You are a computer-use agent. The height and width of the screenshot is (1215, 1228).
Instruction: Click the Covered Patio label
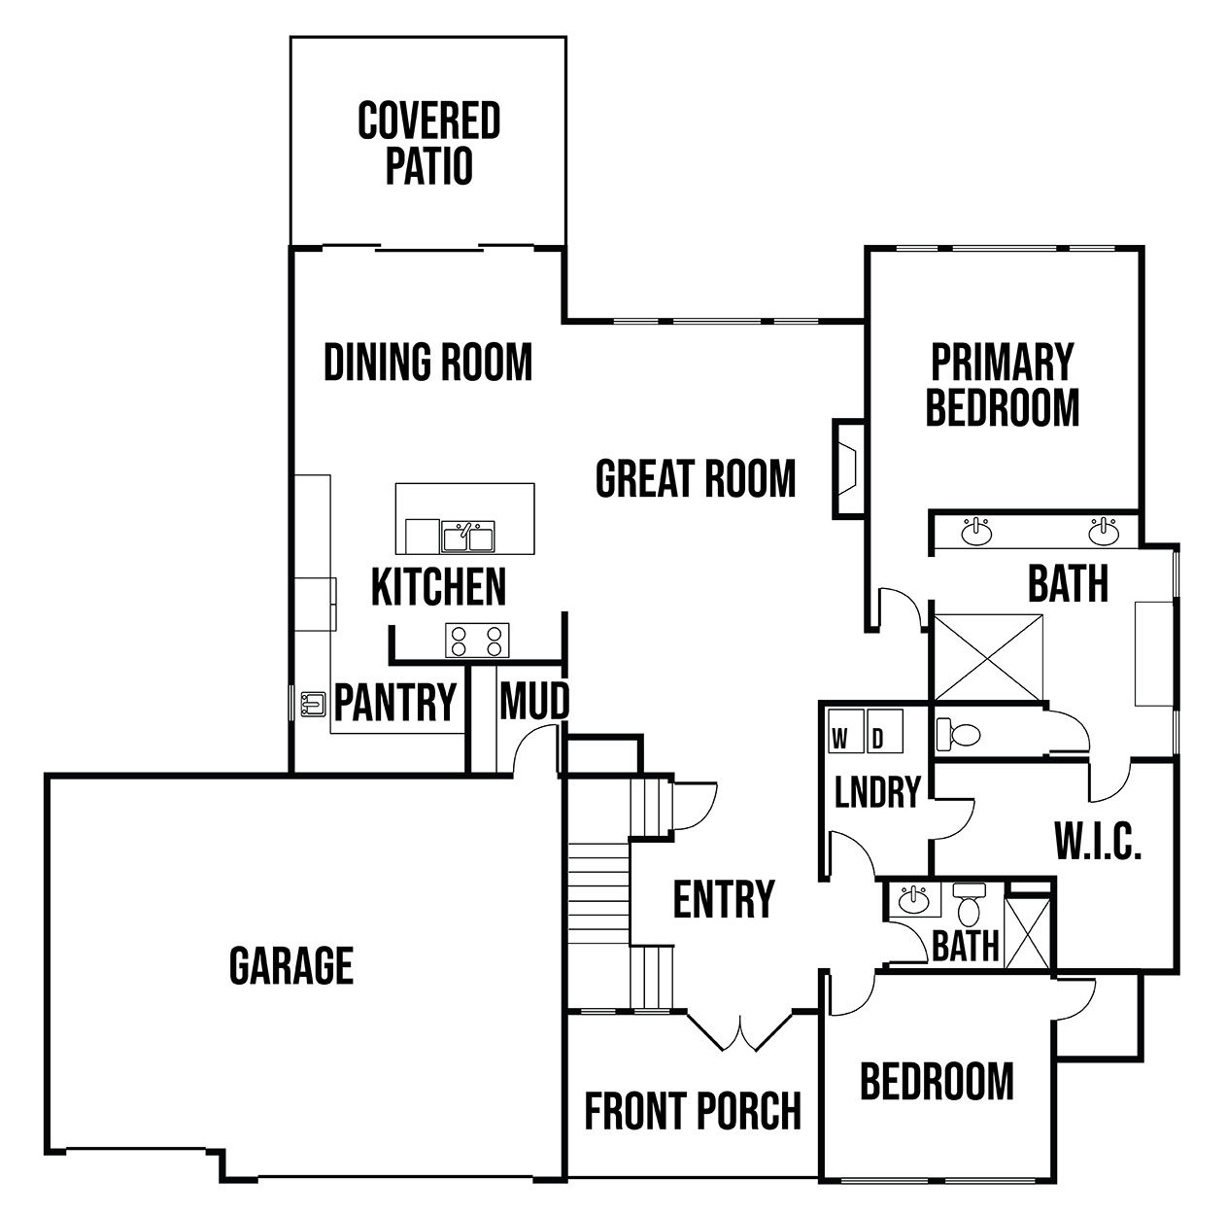pyautogui.click(x=428, y=143)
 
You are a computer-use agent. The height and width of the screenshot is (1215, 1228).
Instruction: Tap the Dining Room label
pyautogui.click(x=427, y=362)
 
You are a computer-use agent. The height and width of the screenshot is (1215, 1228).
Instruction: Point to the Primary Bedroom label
pyautogui.click(x=1003, y=385)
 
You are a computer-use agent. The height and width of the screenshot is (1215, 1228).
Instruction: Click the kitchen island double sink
pyautogui.click(x=467, y=537)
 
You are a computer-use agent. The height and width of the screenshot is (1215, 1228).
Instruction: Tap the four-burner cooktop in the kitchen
pyautogui.click(x=477, y=641)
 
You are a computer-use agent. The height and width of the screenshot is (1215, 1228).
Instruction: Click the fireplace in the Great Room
pyautogui.click(x=848, y=469)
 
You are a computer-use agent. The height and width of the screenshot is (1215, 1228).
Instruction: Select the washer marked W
pyautogui.click(x=846, y=731)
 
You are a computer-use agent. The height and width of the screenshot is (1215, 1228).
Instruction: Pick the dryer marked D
pyautogui.click(x=884, y=731)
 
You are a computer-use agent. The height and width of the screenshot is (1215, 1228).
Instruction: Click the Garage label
pyautogui.click(x=291, y=965)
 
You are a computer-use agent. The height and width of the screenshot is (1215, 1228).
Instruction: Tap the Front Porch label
pyautogui.click(x=693, y=1110)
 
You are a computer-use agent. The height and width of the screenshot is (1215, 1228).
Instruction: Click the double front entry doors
pyautogui.click(x=739, y=1029)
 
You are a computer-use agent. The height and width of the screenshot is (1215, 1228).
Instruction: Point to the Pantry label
pyautogui.click(x=395, y=702)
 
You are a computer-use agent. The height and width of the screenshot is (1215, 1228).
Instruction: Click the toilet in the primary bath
pyautogui.click(x=958, y=734)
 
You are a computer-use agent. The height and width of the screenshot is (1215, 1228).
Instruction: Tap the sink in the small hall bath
pyautogui.click(x=914, y=900)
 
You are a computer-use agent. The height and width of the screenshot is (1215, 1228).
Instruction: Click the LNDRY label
pyautogui.click(x=877, y=791)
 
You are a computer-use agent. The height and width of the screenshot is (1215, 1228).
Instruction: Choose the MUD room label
pyautogui.click(x=534, y=701)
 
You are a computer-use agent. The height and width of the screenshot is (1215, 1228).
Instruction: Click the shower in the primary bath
pyautogui.click(x=988, y=658)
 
